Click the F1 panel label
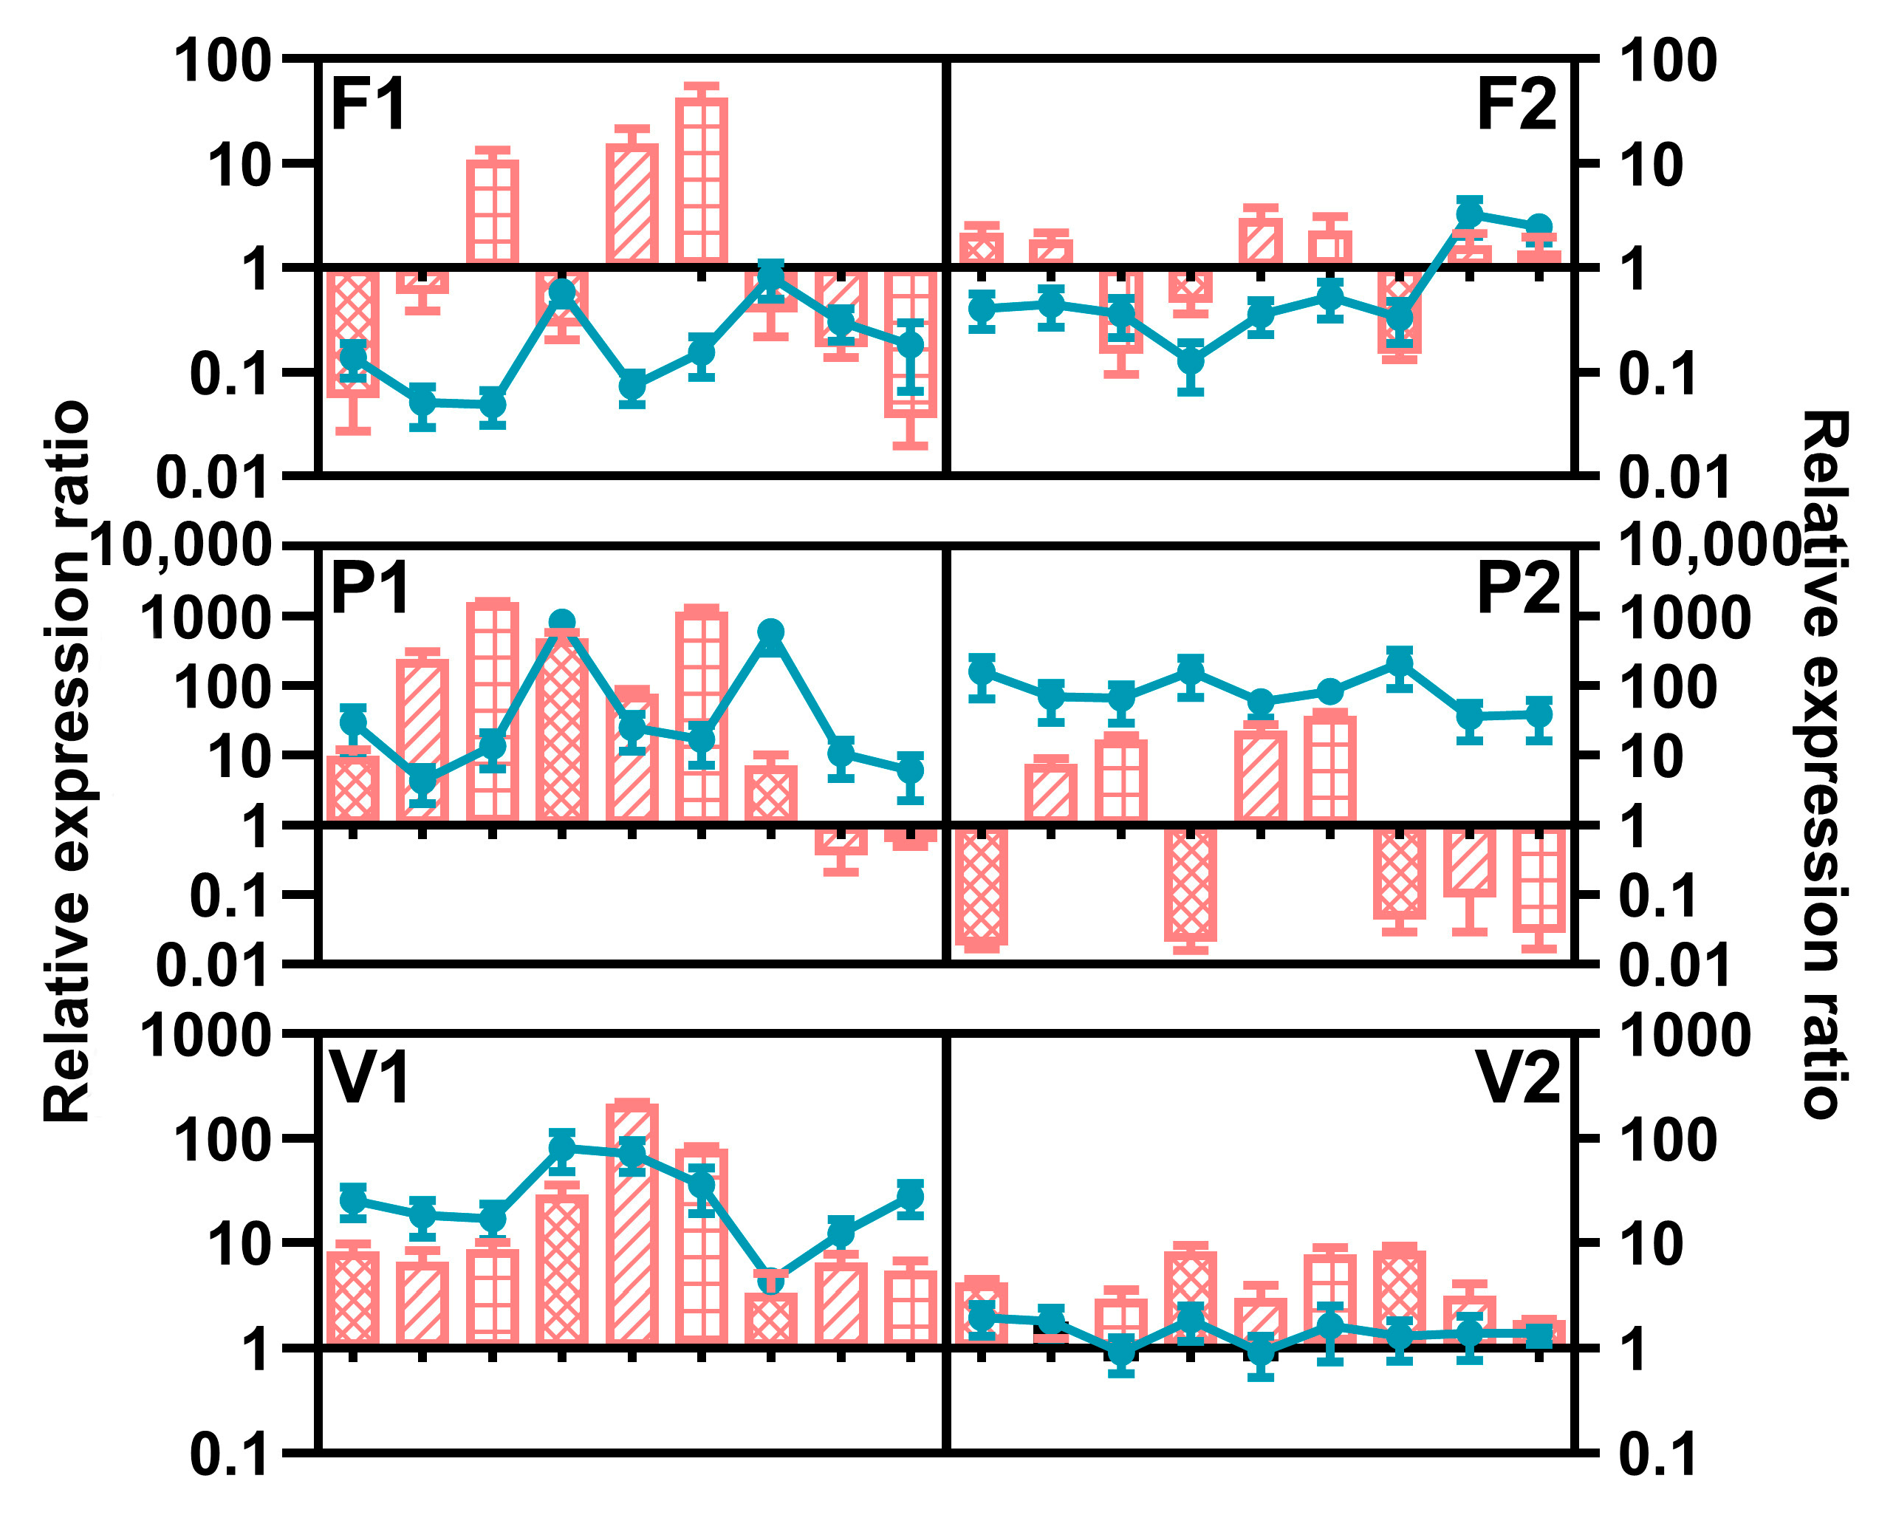pyautogui.click(x=369, y=106)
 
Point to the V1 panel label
pyautogui.click(x=369, y=1078)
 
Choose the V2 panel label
pyautogui.click(x=1517, y=1078)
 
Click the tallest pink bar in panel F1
pyautogui.click(x=702, y=179)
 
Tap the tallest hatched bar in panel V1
pyautogui.click(x=632, y=1222)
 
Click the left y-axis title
pyautogui.click(x=68, y=759)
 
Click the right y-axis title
pyautogui.click(x=1824, y=759)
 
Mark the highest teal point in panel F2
pyautogui.click(x=1470, y=213)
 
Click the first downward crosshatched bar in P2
pyautogui.click(x=982, y=886)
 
